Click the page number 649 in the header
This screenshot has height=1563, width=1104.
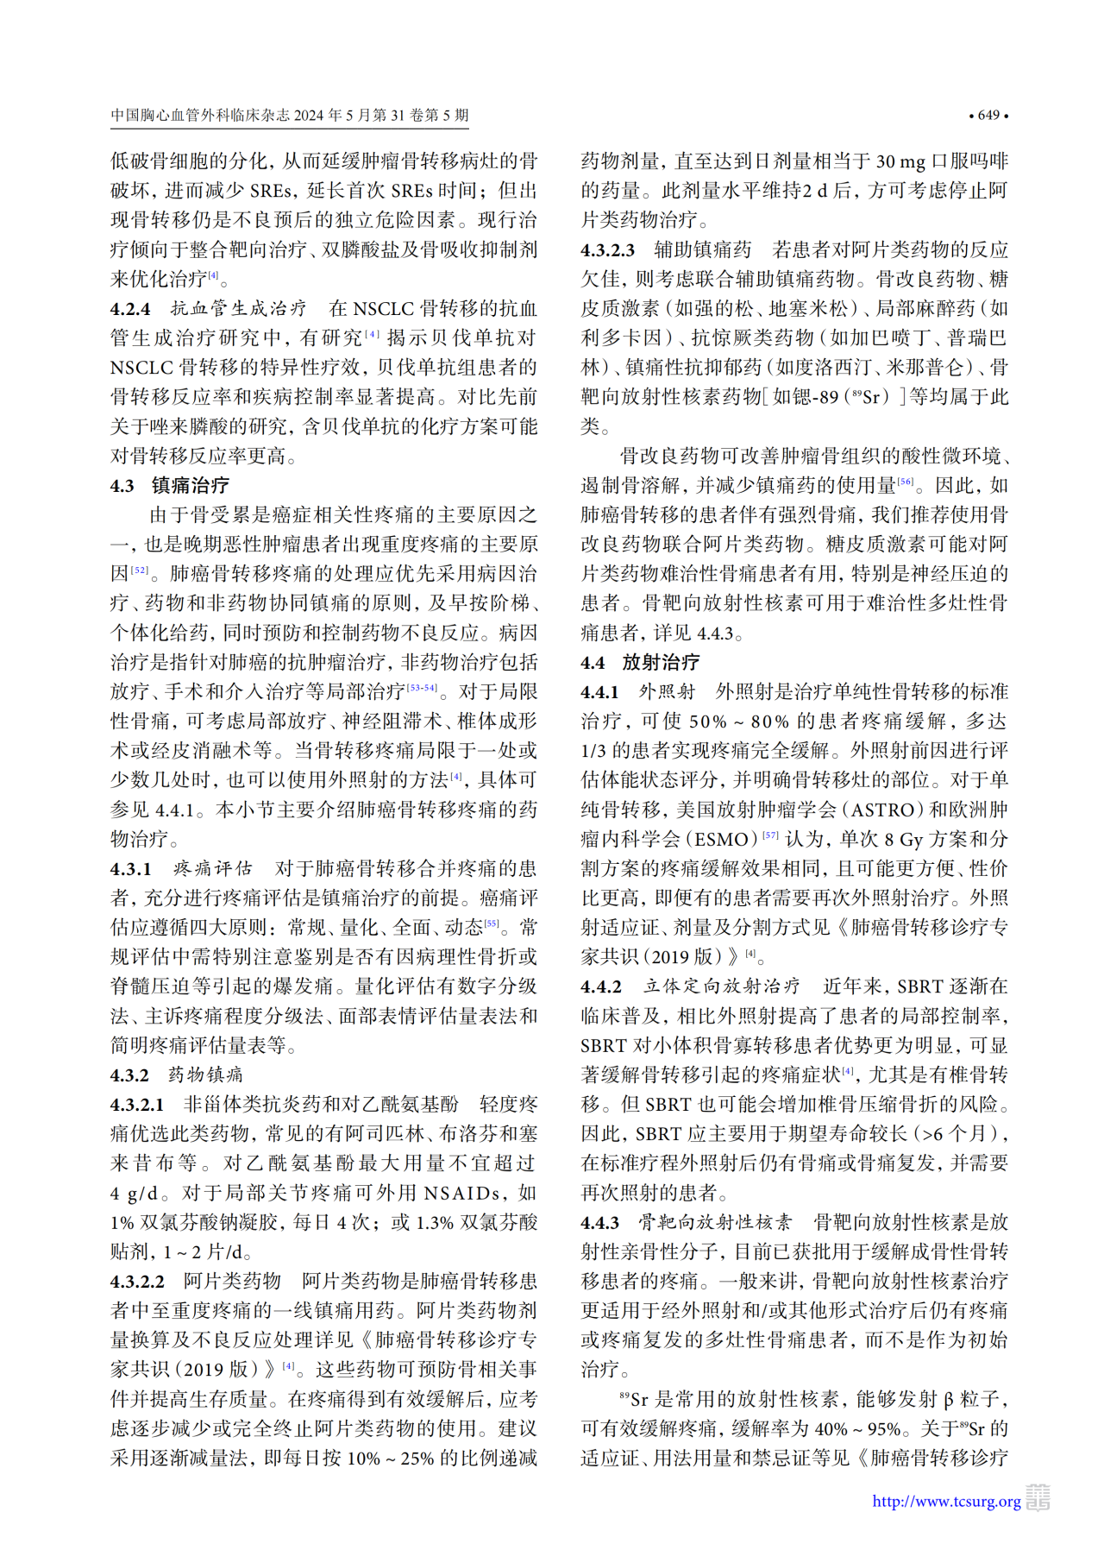coord(988,116)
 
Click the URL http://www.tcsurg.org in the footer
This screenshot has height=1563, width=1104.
coord(946,1501)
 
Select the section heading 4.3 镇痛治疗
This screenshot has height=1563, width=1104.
coord(170,486)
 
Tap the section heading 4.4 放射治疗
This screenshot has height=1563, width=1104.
coord(640,663)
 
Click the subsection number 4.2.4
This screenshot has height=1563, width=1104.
coord(130,309)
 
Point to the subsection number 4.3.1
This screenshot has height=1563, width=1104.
coord(131,869)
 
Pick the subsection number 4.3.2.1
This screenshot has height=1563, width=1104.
coord(137,1105)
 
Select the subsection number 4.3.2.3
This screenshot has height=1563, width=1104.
coord(607,250)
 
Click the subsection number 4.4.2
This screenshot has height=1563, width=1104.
coord(601,986)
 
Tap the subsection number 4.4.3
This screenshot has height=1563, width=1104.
coord(600,1223)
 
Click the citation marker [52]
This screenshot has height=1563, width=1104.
coord(140,570)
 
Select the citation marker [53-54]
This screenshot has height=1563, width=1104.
coord(422,688)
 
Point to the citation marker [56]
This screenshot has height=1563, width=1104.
coord(906,482)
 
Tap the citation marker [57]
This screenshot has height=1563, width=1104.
coord(770,835)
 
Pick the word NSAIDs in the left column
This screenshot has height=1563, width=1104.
coord(462,1194)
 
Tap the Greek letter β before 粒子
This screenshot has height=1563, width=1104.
coord(948,1400)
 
